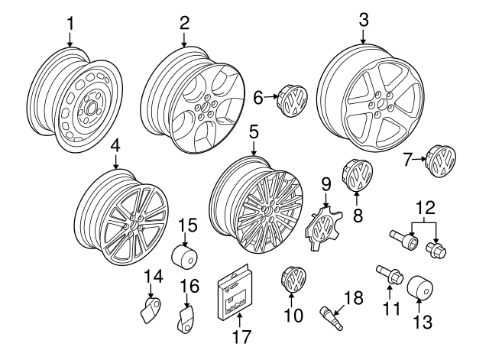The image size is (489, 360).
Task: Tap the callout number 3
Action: pos(363,18)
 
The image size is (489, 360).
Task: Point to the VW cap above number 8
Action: pos(357,175)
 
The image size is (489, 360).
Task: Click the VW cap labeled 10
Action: pos(293,277)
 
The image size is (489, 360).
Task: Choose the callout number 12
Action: pos(423,207)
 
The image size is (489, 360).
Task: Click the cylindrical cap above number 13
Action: pos(421,290)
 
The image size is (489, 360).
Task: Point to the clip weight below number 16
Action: pos(185,319)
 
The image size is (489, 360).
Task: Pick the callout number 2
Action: pos(184,24)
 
